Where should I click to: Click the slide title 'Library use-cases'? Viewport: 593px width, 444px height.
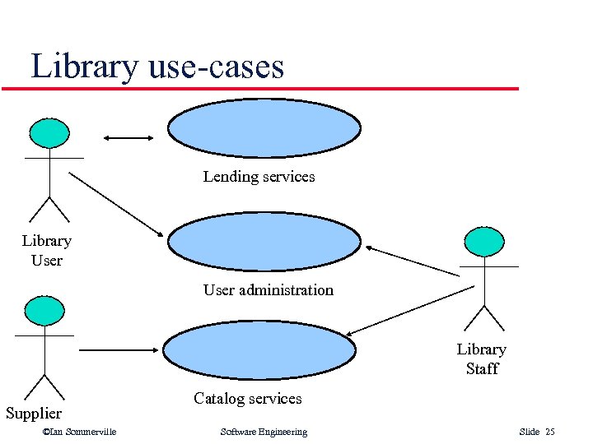coord(157,66)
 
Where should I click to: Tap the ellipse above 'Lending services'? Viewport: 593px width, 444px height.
coord(264,127)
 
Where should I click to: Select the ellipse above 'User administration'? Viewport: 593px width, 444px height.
coord(264,241)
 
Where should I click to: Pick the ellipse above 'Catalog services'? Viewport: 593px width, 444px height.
coord(258,349)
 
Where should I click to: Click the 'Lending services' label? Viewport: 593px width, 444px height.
coord(259,177)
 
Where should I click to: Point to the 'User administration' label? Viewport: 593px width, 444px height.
coord(268,290)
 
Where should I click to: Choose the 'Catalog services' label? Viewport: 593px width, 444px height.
coord(247,399)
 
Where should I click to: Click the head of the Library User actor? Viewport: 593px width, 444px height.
coord(49,133)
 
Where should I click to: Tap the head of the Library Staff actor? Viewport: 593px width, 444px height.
coord(483,242)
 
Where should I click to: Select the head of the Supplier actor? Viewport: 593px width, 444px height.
coord(44,311)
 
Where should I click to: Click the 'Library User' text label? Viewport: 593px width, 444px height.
coord(46,251)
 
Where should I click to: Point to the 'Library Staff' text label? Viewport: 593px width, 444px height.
coord(482,359)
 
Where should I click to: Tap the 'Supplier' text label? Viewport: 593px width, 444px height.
coord(34,413)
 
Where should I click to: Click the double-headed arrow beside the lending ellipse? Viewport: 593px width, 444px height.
coord(129,137)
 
